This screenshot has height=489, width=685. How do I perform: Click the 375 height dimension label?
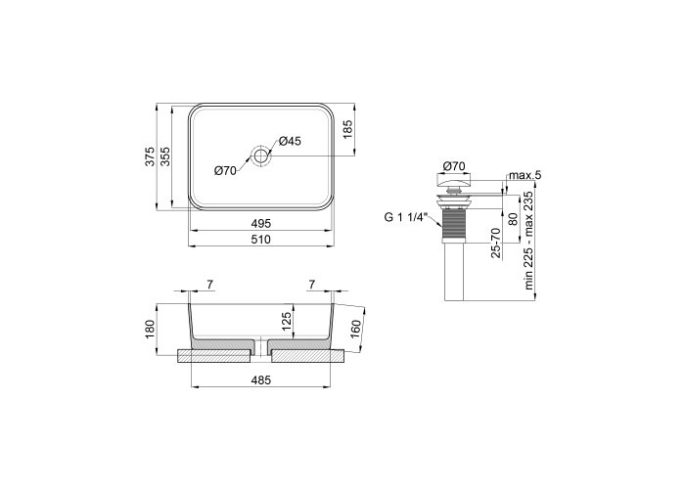pos(150,156)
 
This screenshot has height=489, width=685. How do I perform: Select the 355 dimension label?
pos(165,156)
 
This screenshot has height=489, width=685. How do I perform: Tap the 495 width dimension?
pos(261,224)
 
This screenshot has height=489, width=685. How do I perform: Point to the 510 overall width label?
pos(261,240)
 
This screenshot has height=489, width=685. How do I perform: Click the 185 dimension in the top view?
pos(347,129)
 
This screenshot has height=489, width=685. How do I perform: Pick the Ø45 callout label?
pos(290,141)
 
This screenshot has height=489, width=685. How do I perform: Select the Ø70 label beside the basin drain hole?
pos(225,171)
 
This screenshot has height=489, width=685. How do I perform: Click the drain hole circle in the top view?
pos(261,156)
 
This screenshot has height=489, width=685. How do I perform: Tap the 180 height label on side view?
pos(150,330)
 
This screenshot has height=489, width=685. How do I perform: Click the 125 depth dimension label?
pos(286,322)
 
